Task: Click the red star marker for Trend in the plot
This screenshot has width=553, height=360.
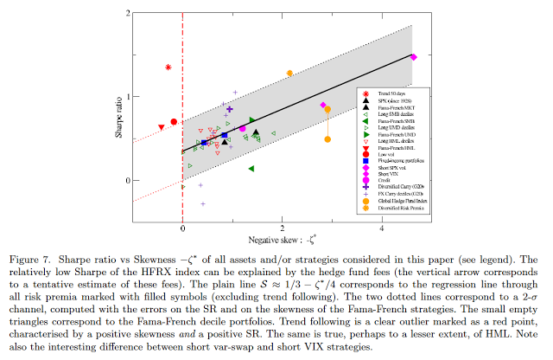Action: (x=168, y=67)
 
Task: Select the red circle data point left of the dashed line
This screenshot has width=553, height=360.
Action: (x=174, y=122)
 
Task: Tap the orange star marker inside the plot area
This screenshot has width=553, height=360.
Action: (x=289, y=74)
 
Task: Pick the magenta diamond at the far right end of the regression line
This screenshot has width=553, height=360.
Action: (x=413, y=57)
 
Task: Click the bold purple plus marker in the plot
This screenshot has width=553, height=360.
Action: (x=229, y=109)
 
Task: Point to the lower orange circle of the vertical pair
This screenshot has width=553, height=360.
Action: (x=327, y=139)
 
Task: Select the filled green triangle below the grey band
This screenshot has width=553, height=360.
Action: (x=251, y=169)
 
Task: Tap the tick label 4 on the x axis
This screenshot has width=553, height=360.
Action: (x=383, y=231)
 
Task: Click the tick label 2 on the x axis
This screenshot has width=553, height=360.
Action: (x=283, y=231)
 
